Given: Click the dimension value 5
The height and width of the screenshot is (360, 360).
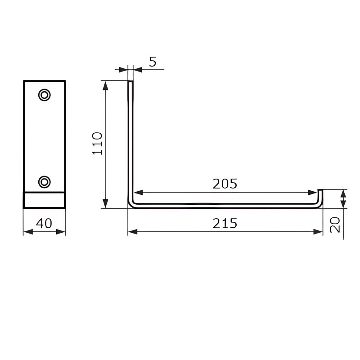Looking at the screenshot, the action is [x=153, y=62].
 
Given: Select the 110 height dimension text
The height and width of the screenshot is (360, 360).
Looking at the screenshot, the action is [x=97, y=144].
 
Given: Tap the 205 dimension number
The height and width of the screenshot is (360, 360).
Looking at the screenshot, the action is [x=225, y=184].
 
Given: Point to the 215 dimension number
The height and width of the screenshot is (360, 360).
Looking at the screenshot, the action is [x=225, y=223].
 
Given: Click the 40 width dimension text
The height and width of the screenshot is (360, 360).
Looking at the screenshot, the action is [x=44, y=223].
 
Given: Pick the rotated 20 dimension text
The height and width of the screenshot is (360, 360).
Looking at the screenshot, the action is [x=335, y=225].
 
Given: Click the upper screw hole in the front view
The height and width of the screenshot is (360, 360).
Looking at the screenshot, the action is [x=44, y=95].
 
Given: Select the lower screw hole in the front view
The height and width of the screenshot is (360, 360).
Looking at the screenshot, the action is [x=44, y=182].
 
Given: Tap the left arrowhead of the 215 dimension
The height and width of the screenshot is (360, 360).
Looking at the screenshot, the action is [x=133, y=232].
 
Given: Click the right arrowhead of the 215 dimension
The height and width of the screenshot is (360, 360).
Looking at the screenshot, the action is [x=318, y=232].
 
